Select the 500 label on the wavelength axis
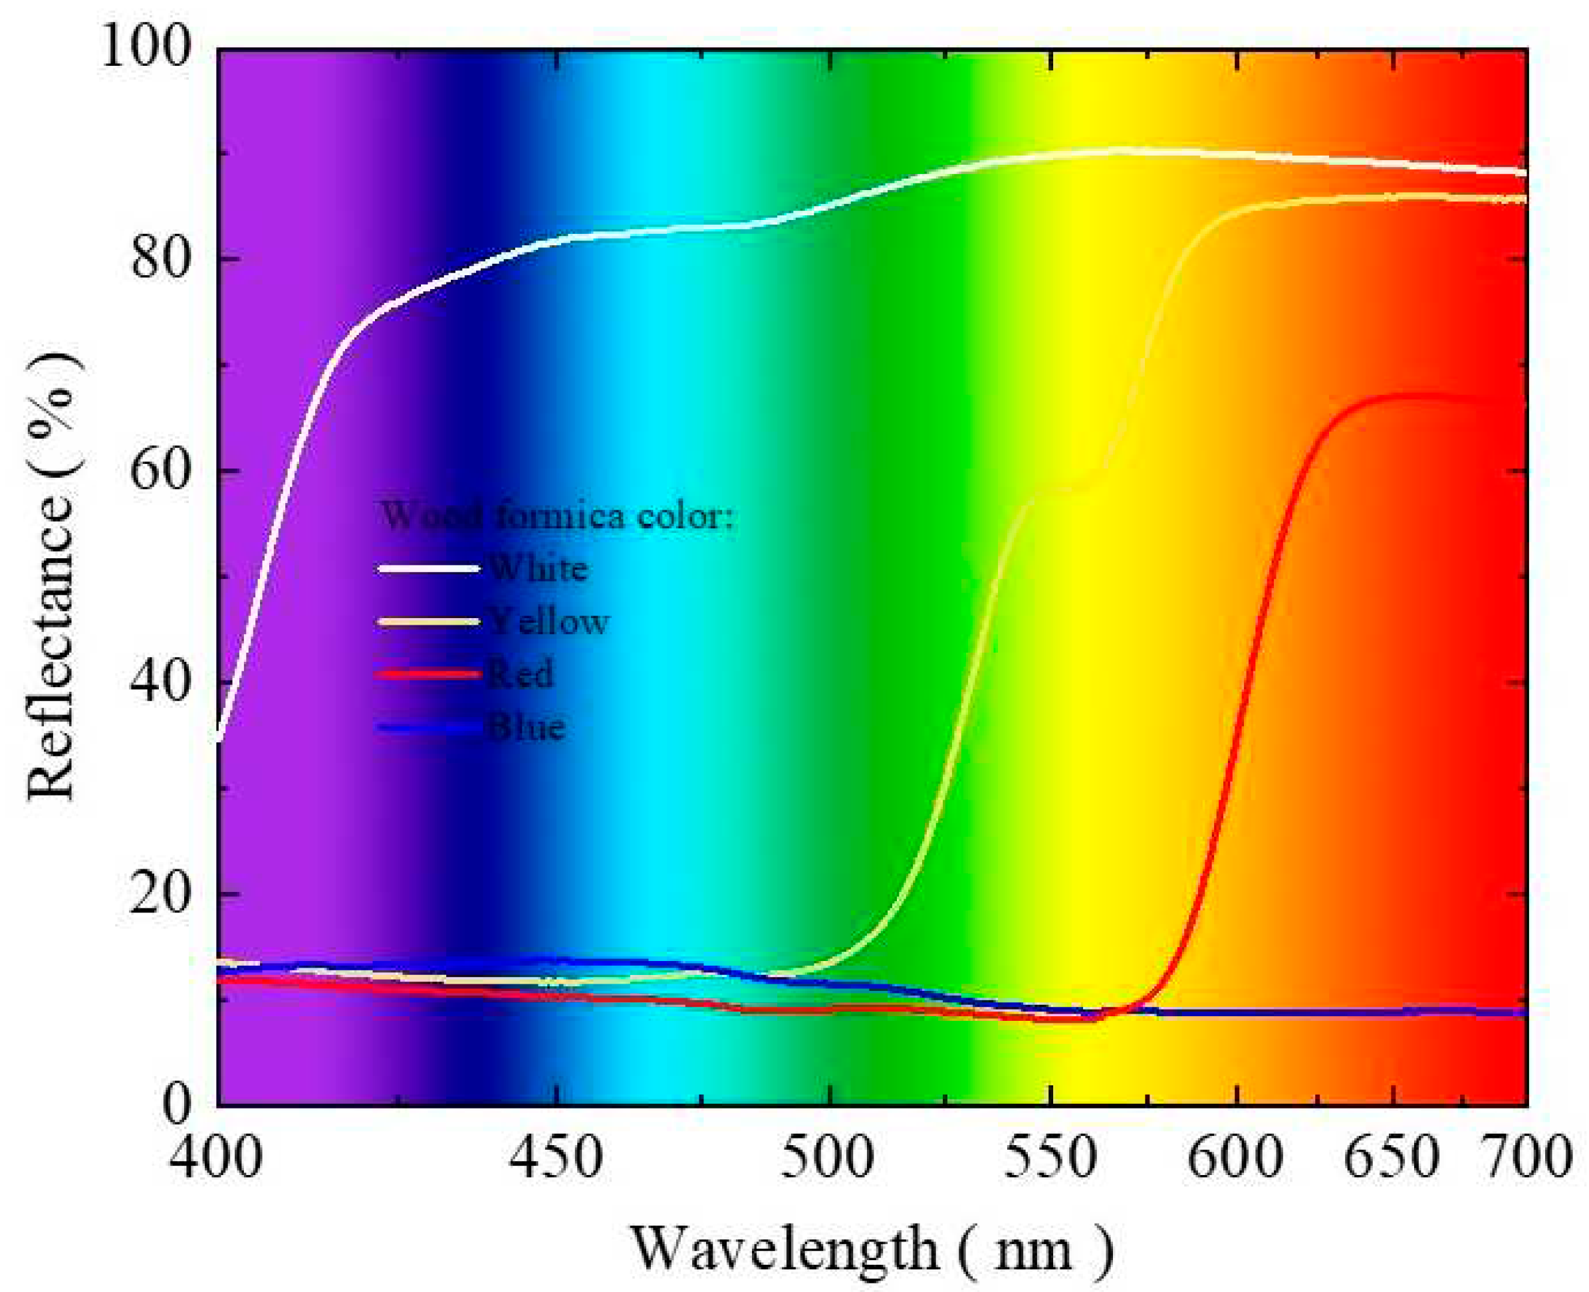click(827, 1159)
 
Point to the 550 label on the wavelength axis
click(1050, 1159)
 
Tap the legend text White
click(539, 570)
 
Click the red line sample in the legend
click(428, 675)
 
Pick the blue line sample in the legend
click(428, 727)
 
